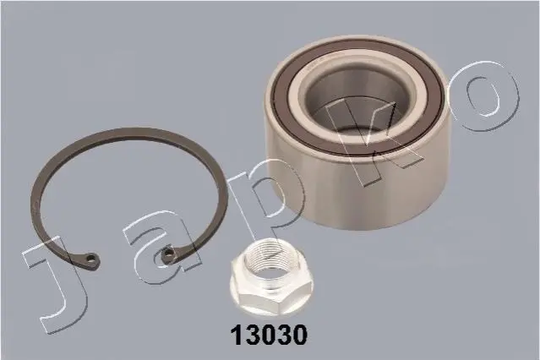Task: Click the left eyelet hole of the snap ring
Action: click(91, 258)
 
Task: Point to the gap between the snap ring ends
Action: click(130, 257)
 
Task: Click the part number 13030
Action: click(268, 335)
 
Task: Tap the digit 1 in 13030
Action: click(237, 335)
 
